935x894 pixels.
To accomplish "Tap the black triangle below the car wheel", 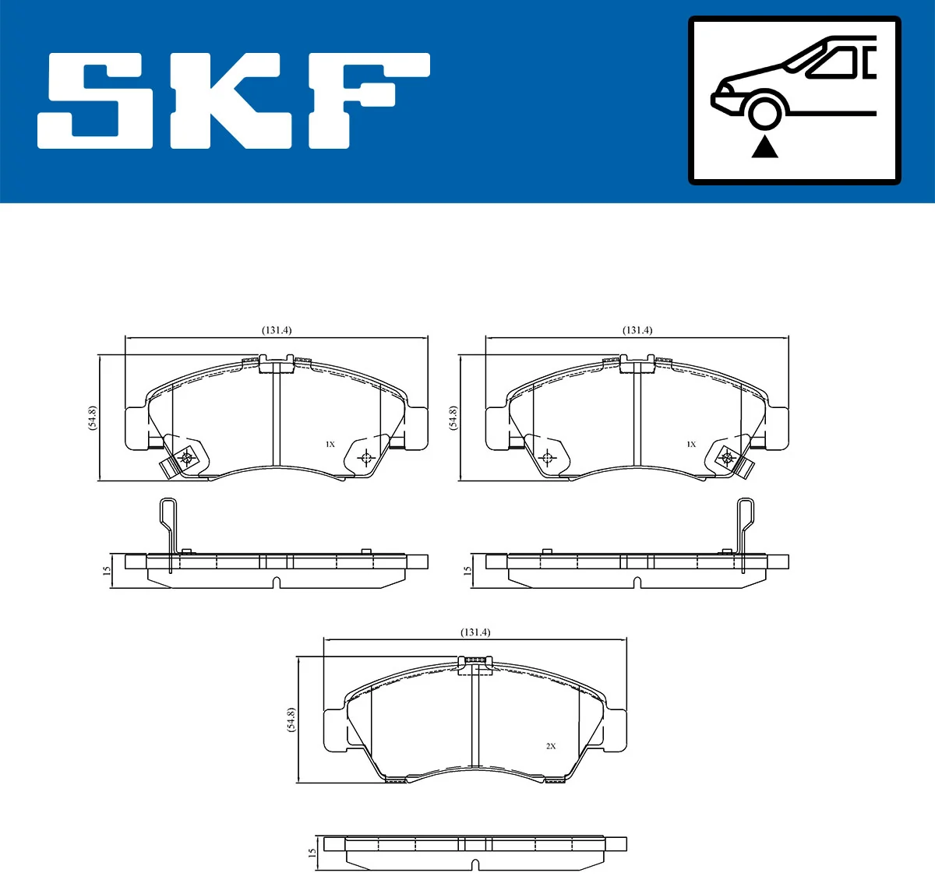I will pyautogui.click(x=764, y=146).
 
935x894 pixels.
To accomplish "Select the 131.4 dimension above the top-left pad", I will pyautogui.click(x=277, y=330).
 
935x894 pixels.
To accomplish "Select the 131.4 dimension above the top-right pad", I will pyautogui.click(x=637, y=330).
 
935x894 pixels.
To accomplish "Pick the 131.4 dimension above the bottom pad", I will pyautogui.click(x=475, y=632).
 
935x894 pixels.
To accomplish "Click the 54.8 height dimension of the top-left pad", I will pyautogui.click(x=93, y=418).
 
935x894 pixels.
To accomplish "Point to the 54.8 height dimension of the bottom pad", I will pyautogui.click(x=291, y=720).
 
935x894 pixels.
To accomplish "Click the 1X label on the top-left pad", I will pyautogui.click(x=330, y=445).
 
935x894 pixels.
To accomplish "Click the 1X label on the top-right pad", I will pyautogui.click(x=690, y=445).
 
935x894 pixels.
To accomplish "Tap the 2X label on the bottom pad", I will pyautogui.click(x=551, y=746).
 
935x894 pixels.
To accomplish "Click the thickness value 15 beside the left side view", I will pyautogui.click(x=107, y=571).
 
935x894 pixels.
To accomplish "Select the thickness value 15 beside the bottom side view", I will pyautogui.click(x=312, y=854).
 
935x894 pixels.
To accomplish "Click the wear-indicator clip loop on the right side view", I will pyautogui.click(x=746, y=514).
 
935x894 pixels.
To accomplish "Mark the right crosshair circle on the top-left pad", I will pyautogui.click(x=365, y=457).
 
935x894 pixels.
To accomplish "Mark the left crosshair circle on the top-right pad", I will pyautogui.click(x=546, y=457).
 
